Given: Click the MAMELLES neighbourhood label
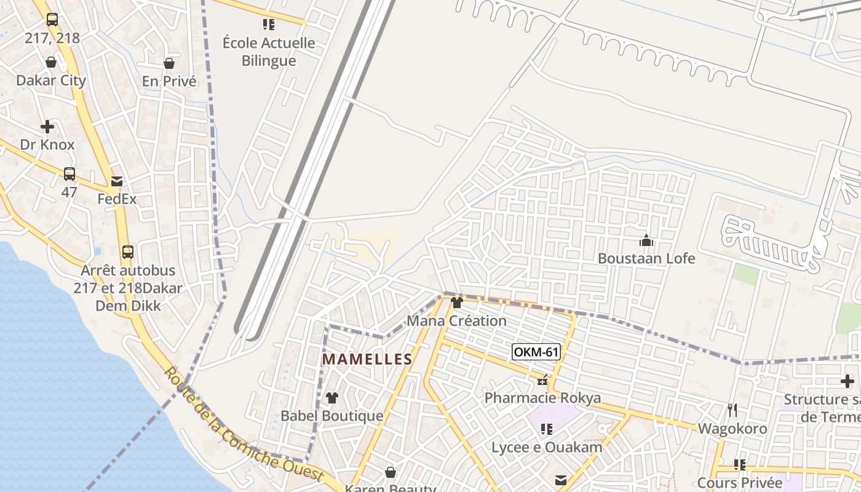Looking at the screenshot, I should pos(367,359).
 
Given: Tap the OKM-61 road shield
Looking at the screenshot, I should pos(536,352).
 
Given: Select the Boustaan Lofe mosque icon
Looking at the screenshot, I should pos(646,240).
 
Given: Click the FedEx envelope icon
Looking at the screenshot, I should pos(117,181).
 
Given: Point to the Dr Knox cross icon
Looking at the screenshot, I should pos(47,127).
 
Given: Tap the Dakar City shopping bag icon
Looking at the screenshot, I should pos(51,62).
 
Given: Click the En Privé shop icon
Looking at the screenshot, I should pos(169,63).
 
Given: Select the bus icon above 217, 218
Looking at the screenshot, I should pos(52,20).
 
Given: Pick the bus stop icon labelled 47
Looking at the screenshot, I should pos(69,174).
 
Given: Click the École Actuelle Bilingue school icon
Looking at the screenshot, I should pos(269,25).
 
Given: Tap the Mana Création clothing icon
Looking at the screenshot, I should pos(457,303).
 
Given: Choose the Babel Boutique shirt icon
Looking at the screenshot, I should pos(332,398).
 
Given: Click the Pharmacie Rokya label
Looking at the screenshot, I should pos(542,398).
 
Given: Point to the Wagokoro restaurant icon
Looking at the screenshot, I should pos(732,410).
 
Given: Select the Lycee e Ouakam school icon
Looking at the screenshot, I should pos(546,429).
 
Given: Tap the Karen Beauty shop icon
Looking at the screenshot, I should pos(390,472).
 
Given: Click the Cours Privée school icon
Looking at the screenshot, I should pos(739,465).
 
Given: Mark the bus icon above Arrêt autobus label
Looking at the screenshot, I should pos(128,252).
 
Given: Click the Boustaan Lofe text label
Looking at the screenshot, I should pos(646,258).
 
